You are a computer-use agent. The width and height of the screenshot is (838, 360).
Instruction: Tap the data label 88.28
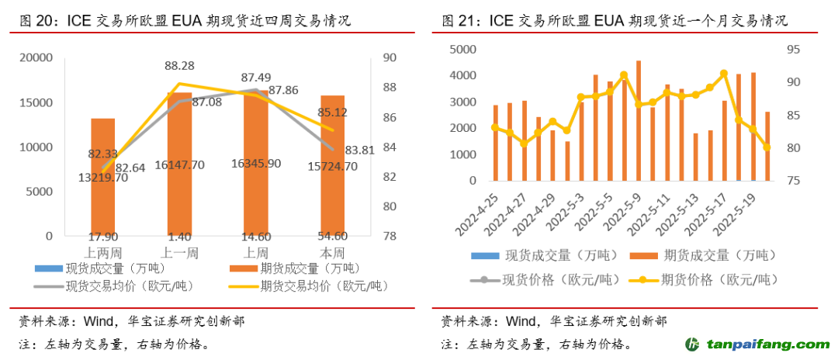[179, 67]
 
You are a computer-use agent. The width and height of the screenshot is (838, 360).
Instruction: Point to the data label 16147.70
[179, 165]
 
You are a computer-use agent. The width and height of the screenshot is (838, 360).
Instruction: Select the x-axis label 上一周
[179, 253]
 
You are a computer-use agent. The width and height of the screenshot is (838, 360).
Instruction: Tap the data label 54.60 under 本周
[332, 236]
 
